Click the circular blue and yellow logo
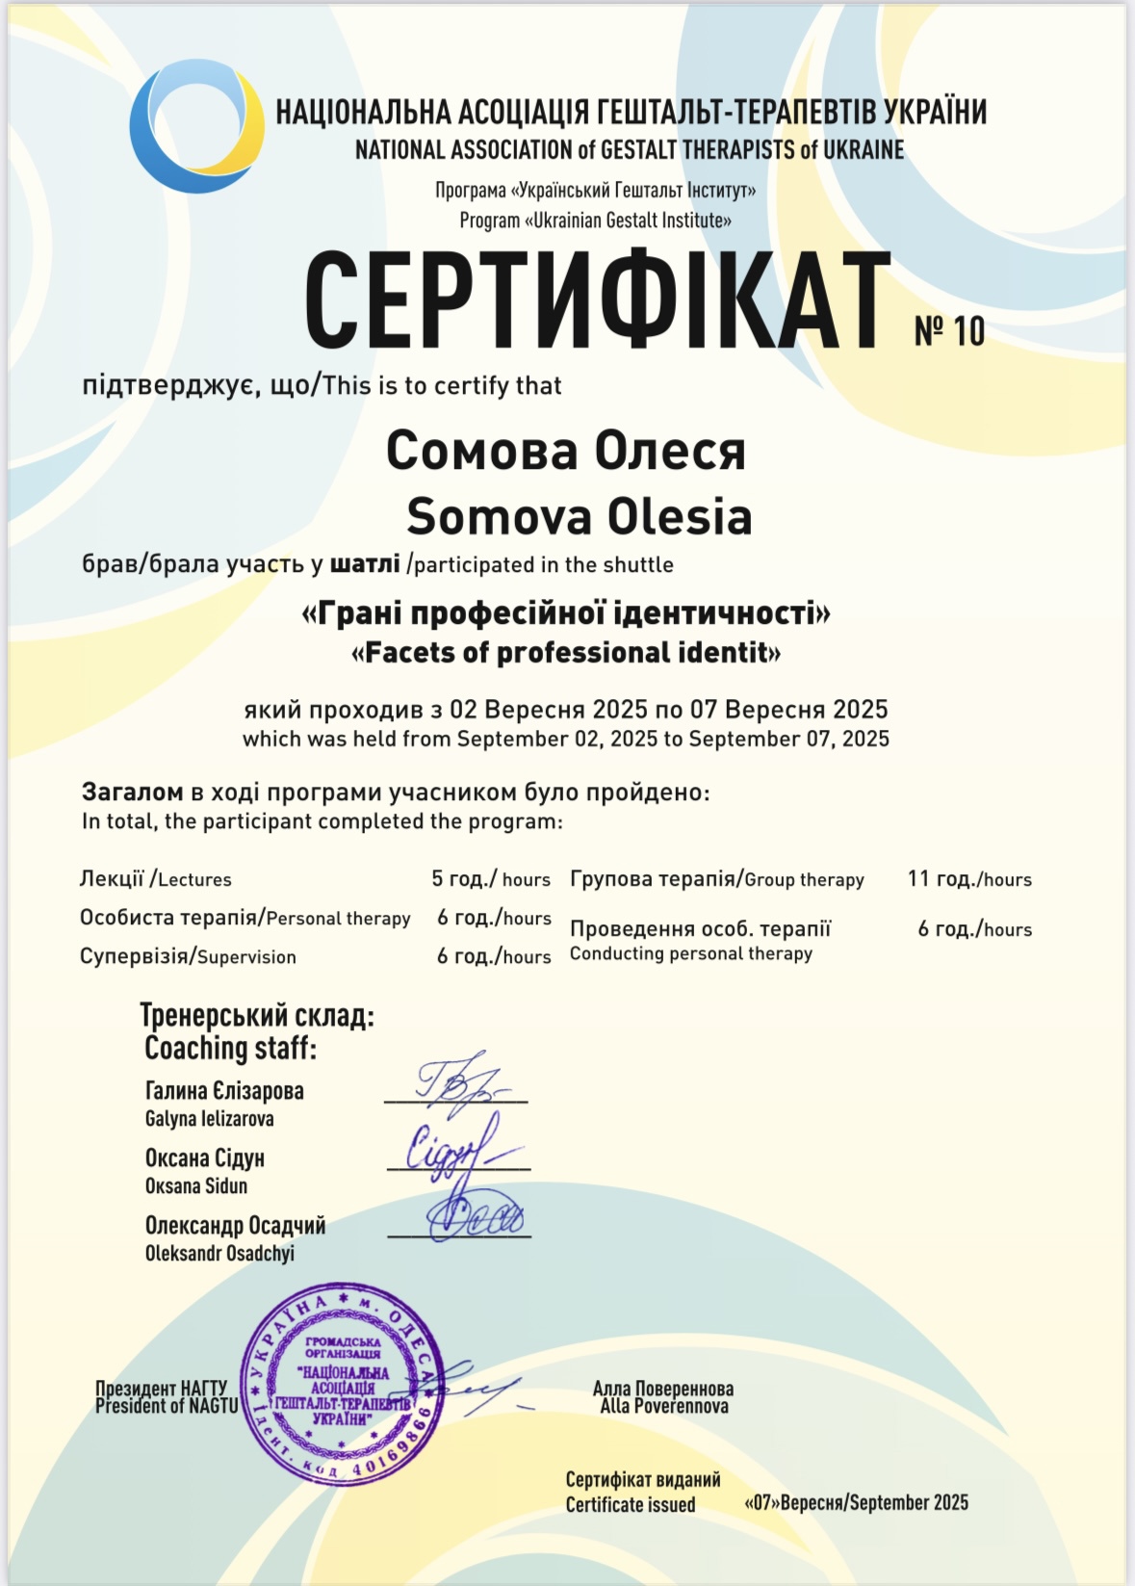[197, 126]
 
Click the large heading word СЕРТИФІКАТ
[597, 300]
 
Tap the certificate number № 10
[949, 331]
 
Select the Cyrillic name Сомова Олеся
[566, 450]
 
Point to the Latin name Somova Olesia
[579, 516]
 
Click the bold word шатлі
[365, 564]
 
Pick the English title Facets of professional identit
[566, 653]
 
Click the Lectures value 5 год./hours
[491, 879]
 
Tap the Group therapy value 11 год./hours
[969, 879]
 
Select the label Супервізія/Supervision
[188, 956]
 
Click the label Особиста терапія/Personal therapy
[245, 918]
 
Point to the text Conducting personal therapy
[691, 953]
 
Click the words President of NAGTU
[167, 1406]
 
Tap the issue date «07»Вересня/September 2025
[856, 1503]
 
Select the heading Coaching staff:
[230, 1049]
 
